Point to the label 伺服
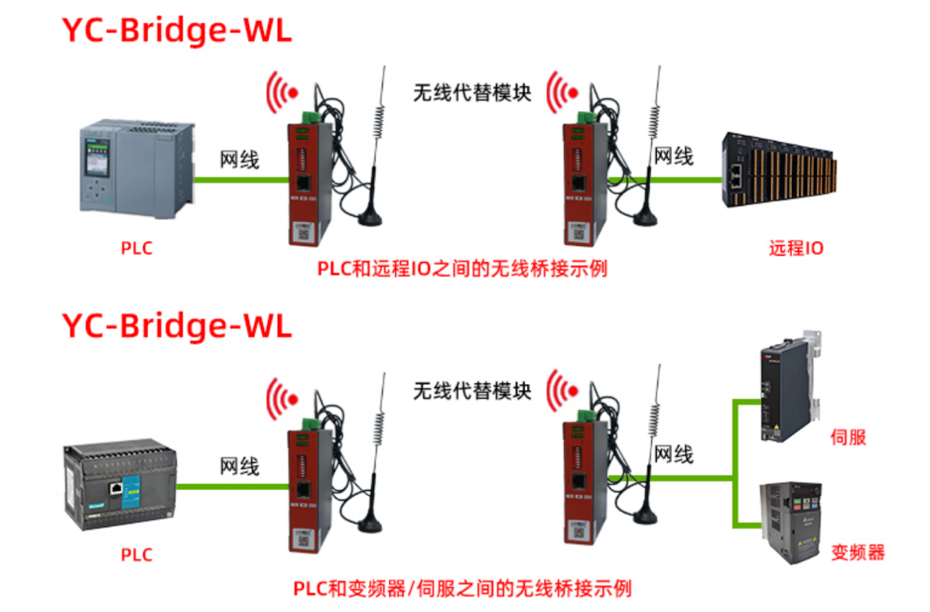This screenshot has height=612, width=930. [x=848, y=437]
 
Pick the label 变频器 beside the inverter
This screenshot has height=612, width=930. [x=857, y=552]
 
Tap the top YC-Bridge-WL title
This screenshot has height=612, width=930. [x=176, y=31]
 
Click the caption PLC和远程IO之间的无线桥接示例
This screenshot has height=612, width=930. [x=462, y=269]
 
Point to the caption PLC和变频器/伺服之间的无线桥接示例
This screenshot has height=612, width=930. [x=462, y=588]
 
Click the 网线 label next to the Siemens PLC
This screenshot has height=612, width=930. [x=239, y=159]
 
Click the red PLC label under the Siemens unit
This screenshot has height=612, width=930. [x=137, y=248]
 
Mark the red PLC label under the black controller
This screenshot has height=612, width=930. [x=137, y=554]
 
